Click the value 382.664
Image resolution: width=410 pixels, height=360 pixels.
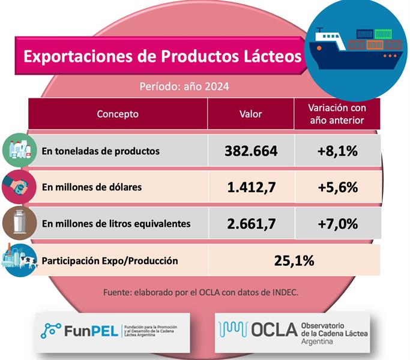[x=251, y=151]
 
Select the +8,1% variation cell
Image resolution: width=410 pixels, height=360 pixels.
[x=337, y=151]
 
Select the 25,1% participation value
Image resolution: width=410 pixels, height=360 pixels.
[x=294, y=260]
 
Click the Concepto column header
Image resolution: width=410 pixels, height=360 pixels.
[x=118, y=114]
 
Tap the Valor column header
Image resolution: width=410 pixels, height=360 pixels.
[x=250, y=114]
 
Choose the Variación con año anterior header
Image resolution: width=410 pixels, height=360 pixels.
[x=337, y=114]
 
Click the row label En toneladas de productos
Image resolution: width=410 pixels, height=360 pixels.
[x=100, y=151]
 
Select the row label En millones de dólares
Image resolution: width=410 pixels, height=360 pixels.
[x=92, y=187]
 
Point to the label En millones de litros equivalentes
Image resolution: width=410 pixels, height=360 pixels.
[x=116, y=224]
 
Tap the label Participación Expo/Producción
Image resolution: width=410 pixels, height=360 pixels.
[x=109, y=261]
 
